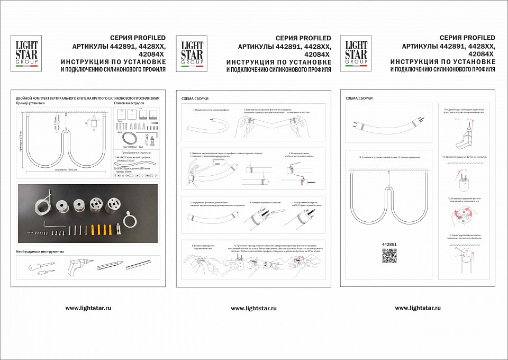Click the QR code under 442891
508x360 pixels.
pos(389,256)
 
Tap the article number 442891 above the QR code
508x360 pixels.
pos(389,245)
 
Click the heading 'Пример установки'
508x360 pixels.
pos(31,103)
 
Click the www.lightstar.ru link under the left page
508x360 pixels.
pos(88,308)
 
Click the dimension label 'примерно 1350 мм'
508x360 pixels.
pos(66,169)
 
